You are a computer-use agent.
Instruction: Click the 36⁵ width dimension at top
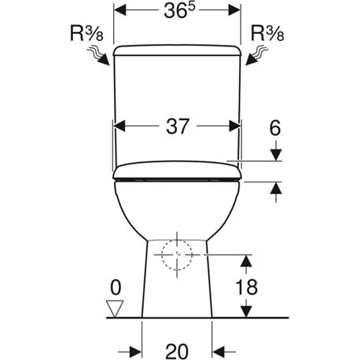[x=177, y=13]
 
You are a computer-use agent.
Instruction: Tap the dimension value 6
[x=274, y=127]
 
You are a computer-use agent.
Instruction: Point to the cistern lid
[x=178, y=51]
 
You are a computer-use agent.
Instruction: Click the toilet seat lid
[x=178, y=170]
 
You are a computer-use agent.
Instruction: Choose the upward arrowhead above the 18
[x=247, y=261]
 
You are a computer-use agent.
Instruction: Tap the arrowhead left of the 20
[x=136, y=348]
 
